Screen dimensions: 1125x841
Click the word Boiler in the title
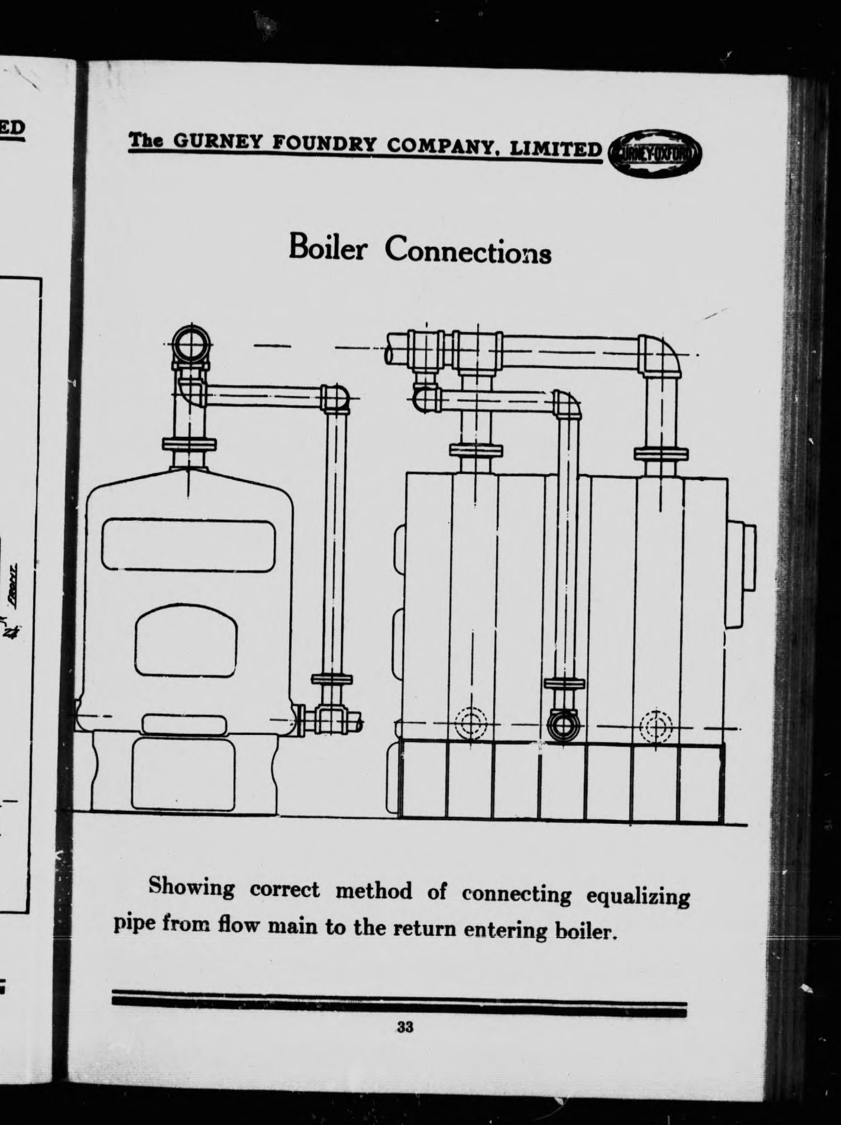pyautogui.click(x=328, y=249)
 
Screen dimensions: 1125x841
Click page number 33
pyautogui.click(x=405, y=1027)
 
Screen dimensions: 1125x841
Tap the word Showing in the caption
pyautogui.click(x=191, y=886)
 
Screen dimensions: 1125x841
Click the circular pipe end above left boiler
pyautogui.click(x=190, y=343)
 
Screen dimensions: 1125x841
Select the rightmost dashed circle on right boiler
pyautogui.click(x=656, y=724)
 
